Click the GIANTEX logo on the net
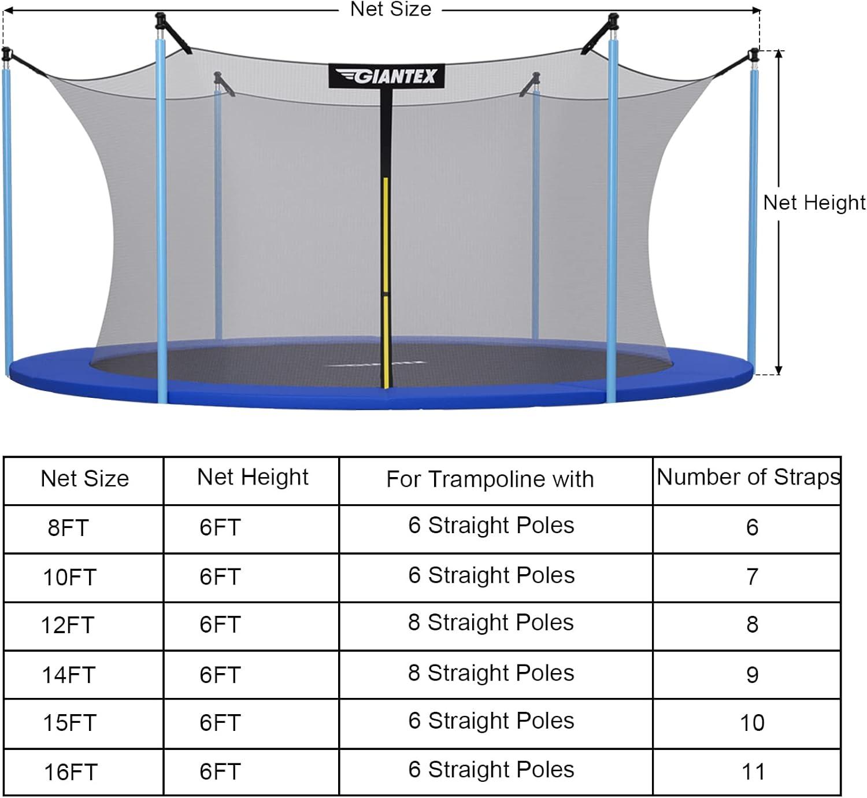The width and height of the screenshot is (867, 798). (x=387, y=76)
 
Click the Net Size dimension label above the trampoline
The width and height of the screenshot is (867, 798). (x=391, y=9)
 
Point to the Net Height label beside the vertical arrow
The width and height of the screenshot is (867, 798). (x=814, y=202)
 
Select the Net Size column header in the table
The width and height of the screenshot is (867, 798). (x=84, y=479)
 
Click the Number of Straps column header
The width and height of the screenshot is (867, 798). (x=748, y=477)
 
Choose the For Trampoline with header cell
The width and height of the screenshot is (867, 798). (x=490, y=479)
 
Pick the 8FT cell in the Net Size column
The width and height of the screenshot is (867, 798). (x=68, y=528)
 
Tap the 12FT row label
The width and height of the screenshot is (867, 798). (x=67, y=625)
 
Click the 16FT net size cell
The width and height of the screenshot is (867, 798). (x=71, y=773)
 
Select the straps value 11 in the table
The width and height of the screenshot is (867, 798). (x=753, y=772)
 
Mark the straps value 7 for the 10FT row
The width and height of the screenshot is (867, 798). (x=752, y=577)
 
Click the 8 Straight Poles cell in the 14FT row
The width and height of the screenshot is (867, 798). (x=491, y=673)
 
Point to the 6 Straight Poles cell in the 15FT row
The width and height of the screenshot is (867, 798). (x=491, y=721)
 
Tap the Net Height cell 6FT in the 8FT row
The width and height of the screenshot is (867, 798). (x=220, y=527)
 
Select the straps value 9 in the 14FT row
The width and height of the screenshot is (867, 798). (x=752, y=674)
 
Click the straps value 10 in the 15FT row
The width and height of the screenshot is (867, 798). (x=752, y=723)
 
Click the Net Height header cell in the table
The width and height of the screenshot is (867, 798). (x=253, y=477)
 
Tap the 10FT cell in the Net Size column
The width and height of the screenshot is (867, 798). (x=69, y=577)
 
